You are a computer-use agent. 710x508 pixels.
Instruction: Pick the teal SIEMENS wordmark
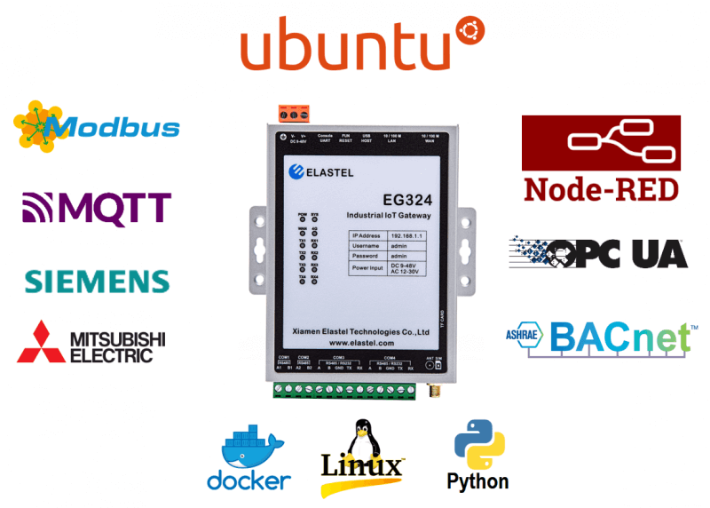coord(96,282)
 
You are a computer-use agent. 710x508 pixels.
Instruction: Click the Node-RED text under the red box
coord(601,189)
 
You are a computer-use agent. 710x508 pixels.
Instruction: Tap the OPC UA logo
coord(599,252)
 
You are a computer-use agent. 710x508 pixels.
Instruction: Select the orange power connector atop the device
coord(293,113)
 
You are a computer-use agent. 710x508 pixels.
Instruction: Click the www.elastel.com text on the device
coord(360,342)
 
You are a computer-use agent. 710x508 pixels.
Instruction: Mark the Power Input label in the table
coord(369,266)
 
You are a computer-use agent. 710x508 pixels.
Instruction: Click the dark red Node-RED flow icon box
coord(601,142)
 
